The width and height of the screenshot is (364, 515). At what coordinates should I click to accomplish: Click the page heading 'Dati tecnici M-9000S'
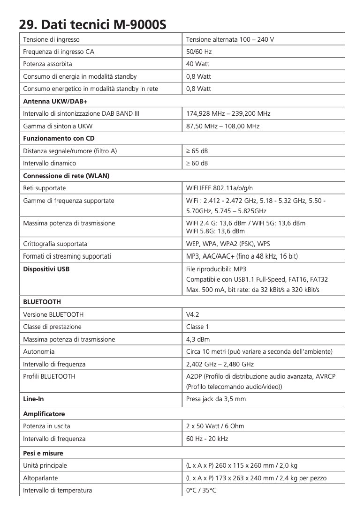(92, 23)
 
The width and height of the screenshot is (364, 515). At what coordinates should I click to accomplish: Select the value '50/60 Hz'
(199, 52)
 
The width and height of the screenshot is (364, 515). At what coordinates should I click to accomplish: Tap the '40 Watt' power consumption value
(198, 64)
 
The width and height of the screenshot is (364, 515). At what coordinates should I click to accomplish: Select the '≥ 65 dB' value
(197, 151)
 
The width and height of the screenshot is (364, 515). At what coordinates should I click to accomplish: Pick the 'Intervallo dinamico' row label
(50, 163)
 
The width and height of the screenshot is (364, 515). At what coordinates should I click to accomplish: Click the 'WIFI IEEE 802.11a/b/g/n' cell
(220, 188)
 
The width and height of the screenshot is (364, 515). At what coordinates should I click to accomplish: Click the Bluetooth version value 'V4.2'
(193, 314)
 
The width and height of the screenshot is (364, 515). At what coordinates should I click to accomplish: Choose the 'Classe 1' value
(197, 327)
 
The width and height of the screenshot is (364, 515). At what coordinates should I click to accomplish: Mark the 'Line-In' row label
(34, 399)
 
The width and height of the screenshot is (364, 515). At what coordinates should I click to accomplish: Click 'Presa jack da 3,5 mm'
(216, 399)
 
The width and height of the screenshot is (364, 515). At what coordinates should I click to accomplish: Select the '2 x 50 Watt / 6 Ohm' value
(215, 426)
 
